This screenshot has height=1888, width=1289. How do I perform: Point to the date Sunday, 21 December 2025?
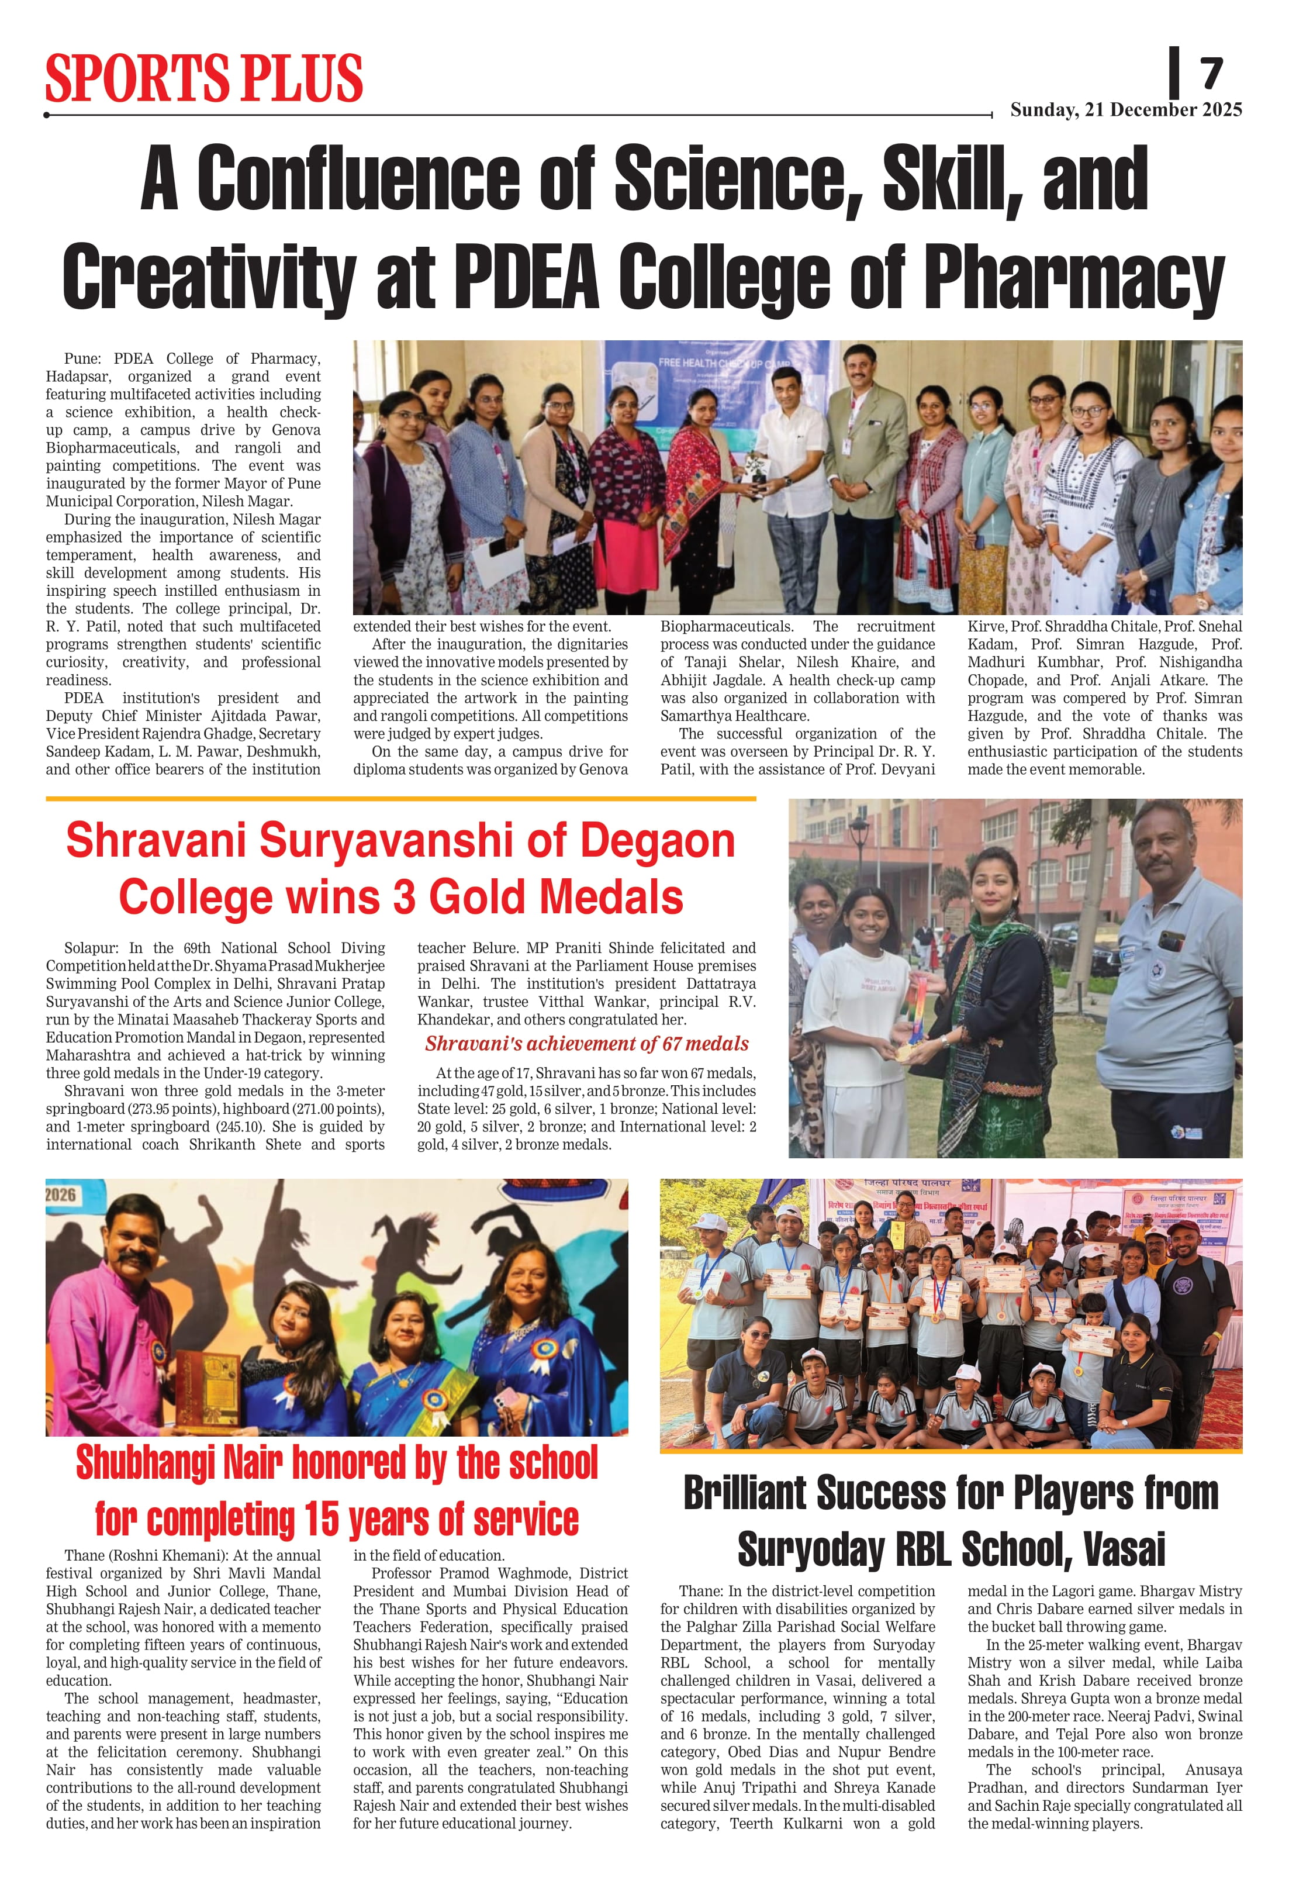[1126, 110]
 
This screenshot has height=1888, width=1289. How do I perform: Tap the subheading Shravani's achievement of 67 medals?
[586, 1044]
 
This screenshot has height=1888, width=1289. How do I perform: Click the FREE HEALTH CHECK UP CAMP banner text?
[724, 363]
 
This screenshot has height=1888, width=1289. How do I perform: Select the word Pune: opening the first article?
[81, 359]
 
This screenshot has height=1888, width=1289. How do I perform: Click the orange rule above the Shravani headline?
[400, 799]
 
